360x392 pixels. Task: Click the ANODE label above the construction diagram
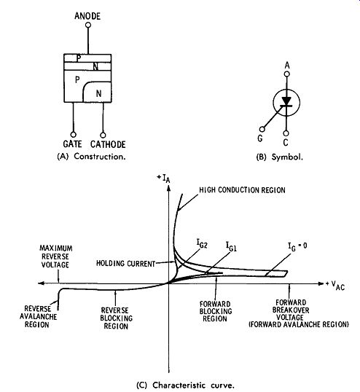87,16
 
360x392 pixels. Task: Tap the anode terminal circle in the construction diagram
88,25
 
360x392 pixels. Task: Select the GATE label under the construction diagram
72,144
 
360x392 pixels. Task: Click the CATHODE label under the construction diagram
108,144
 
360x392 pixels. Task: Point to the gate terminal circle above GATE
74,135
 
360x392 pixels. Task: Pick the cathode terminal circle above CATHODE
103,136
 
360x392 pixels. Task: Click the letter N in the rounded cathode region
99,94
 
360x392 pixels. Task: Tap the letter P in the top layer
79,58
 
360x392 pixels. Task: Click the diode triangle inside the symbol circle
286,101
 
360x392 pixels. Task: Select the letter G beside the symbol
260,138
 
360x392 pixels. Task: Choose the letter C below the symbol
286,143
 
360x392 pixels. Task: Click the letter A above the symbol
287,66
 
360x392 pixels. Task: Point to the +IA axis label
163,179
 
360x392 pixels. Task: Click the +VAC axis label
335,285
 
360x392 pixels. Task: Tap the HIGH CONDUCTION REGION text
242,190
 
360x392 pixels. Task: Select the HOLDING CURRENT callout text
126,264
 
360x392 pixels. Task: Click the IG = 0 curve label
297,246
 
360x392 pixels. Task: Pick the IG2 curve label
202,243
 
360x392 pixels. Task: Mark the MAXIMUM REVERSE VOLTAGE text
56,256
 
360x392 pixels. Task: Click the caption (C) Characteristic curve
186,385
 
